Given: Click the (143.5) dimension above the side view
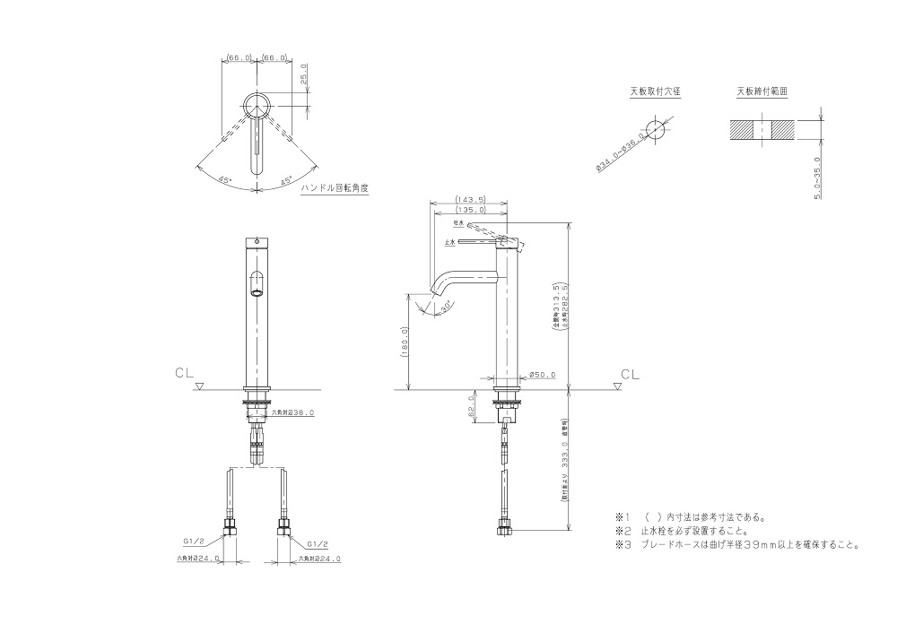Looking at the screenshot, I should click(x=470, y=200).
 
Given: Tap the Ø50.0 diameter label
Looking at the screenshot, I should click(x=544, y=375).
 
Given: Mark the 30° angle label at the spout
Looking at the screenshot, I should click(x=446, y=307).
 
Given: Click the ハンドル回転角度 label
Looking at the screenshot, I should click(x=335, y=188).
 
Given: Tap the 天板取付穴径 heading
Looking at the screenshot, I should click(x=654, y=91).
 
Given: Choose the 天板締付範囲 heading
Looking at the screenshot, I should click(x=762, y=91).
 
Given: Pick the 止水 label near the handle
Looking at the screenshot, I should click(x=448, y=242).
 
